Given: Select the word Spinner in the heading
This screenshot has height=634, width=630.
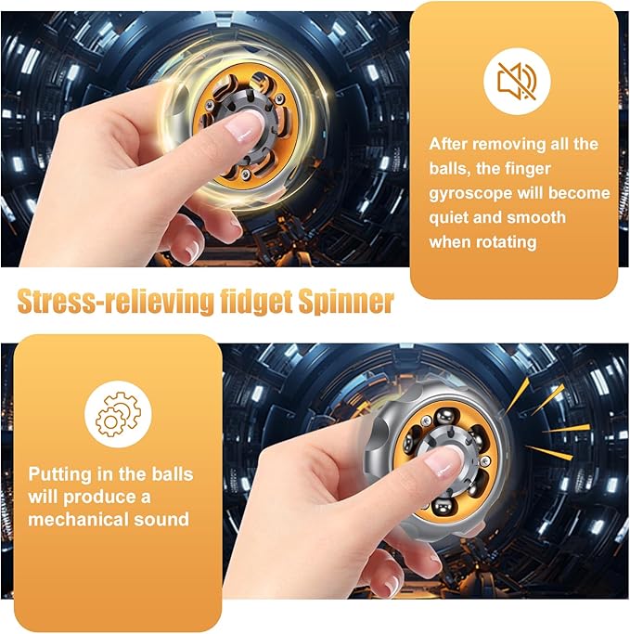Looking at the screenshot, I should pyautogui.click(x=350, y=301).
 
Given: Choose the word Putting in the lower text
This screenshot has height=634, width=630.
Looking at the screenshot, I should pyautogui.click(x=60, y=473).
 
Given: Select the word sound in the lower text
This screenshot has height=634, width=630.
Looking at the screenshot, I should pyautogui.click(x=163, y=519).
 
